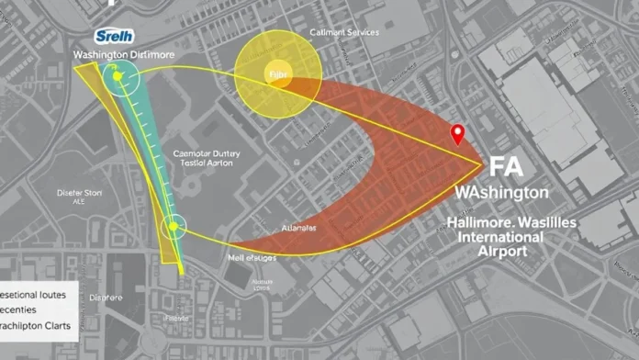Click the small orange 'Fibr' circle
coord(277,73)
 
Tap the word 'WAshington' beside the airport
coord(502,194)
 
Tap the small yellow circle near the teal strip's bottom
coord(173,226)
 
